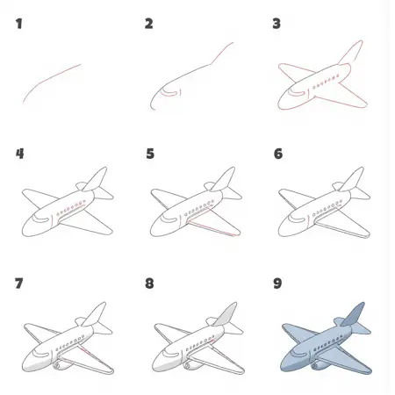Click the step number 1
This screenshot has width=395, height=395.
pyautogui.click(x=19, y=24)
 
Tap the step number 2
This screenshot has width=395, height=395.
pyautogui.click(x=148, y=24)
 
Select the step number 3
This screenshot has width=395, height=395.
pyautogui.click(x=276, y=24)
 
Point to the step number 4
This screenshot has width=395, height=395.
pyautogui.click(x=20, y=154)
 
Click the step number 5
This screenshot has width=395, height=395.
pyautogui.click(x=150, y=154)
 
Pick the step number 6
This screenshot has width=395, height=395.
pyautogui.click(x=278, y=154)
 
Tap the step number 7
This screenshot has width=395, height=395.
pyautogui.click(x=19, y=284)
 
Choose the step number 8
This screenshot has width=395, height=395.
pyautogui.click(x=149, y=284)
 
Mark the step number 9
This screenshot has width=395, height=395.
pyautogui.click(x=277, y=284)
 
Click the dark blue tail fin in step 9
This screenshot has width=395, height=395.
pyautogui.click(x=354, y=315)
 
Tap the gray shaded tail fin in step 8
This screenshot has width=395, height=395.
pyautogui.click(x=226, y=315)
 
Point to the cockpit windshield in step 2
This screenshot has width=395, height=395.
pyautogui.click(x=169, y=93)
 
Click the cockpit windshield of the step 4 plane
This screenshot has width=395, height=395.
pyautogui.click(x=41, y=219)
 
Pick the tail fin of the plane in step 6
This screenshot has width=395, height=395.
pyautogui.click(x=352, y=179)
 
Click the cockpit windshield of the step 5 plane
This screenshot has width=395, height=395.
pyautogui.click(x=169, y=219)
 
